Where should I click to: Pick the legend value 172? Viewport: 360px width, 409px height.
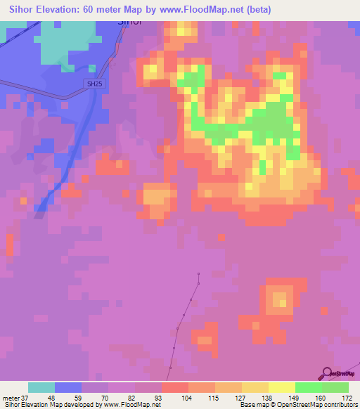tap(347, 397)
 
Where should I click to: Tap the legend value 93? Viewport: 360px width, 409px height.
tap(160, 397)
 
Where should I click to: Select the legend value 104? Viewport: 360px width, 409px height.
tap(187, 397)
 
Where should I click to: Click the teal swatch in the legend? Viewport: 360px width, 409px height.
tap(41, 387)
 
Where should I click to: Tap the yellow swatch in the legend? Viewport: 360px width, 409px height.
tap(281, 387)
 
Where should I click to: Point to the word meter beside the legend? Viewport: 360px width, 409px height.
tap(11, 397)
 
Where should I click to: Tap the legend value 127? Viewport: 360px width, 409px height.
tap(240, 397)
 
